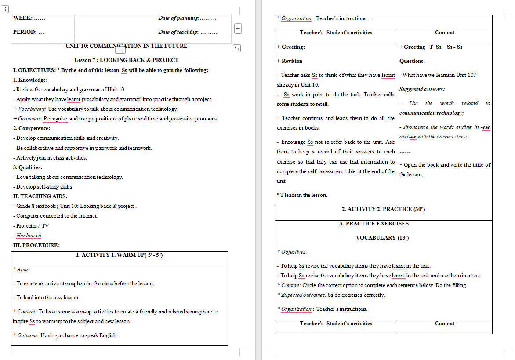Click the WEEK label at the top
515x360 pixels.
pyautogui.click(x=29, y=18)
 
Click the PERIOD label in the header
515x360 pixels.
pyautogui.click(x=28, y=32)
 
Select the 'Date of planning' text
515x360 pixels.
pyautogui.click(x=179, y=18)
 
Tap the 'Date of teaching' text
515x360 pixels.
pyautogui.click(x=179, y=32)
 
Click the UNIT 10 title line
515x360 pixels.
pyautogui.click(x=126, y=46)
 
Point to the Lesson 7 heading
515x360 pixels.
pyautogui.click(x=126, y=60)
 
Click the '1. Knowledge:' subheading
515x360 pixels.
pyautogui.click(x=30, y=80)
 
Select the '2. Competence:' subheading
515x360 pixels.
pyautogui.click(x=32, y=128)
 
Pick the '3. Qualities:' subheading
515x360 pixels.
pyautogui.click(x=28, y=167)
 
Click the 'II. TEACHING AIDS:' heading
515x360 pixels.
pyautogui.click(x=40, y=196)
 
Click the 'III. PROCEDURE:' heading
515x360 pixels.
pyautogui.click(x=36, y=245)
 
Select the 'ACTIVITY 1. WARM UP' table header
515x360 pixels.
pyautogui.click(x=119, y=255)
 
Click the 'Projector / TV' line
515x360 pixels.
pyautogui.click(x=33, y=226)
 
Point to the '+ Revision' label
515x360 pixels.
pyautogui.click(x=290, y=61)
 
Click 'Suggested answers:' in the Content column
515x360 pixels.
pyautogui.click(x=422, y=89)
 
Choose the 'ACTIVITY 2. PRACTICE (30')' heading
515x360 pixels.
pyautogui.click(x=383, y=209)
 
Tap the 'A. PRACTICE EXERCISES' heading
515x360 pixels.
pyautogui.click(x=374, y=224)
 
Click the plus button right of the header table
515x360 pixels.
pyautogui.click(x=238, y=29)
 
